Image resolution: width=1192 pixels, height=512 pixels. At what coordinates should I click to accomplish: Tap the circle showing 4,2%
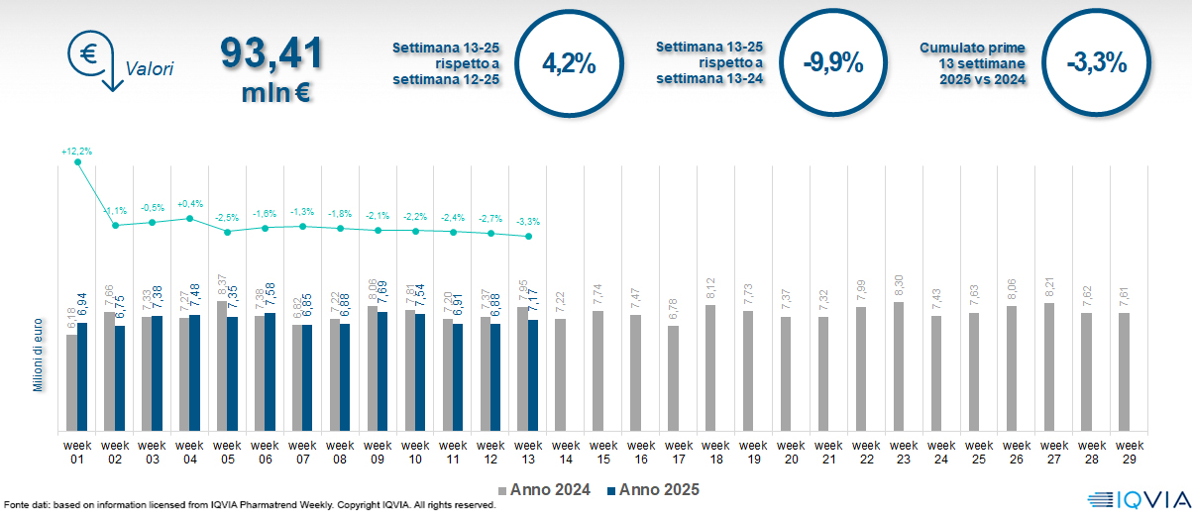pos(570,64)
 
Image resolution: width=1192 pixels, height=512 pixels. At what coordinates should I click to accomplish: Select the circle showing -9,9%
pos(833,64)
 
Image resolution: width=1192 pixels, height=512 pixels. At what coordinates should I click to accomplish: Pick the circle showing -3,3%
pos(1097,64)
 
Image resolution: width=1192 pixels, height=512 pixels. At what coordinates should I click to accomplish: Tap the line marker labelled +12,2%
pos(77,162)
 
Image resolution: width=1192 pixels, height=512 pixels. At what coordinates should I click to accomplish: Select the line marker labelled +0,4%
pos(190,218)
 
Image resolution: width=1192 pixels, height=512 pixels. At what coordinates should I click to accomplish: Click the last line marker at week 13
pos(529,237)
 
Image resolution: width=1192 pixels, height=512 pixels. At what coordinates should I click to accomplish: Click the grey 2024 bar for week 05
pos(222,366)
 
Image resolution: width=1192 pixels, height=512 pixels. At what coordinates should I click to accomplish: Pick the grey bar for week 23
pos(899,366)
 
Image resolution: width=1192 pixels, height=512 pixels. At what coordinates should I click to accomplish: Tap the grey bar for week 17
pos(673,378)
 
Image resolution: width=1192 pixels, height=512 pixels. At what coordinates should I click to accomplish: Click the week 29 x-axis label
pos(1124,452)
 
